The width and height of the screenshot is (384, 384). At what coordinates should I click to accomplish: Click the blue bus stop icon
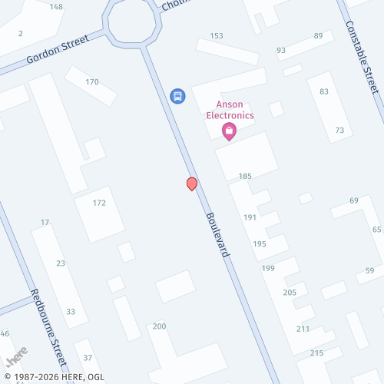(x=177, y=96)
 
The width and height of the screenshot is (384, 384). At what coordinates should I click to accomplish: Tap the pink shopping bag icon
(x=229, y=131)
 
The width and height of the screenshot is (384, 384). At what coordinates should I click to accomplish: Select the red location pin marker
(x=192, y=184)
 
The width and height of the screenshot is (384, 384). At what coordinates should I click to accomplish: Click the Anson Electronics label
(x=230, y=110)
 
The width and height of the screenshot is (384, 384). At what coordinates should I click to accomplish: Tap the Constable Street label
(x=362, y=56)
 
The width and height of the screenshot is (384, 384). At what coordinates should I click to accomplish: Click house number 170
(x=92, y=82)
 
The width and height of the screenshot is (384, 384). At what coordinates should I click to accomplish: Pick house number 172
(x=99, y=203)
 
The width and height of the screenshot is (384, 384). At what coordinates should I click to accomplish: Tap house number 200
(x=159, y=326)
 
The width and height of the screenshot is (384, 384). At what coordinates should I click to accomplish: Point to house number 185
(x=245, y=177)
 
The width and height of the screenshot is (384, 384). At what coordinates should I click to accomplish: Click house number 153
(x=217, y=36)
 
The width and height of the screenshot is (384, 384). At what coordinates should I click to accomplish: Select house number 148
(x=56, y=7)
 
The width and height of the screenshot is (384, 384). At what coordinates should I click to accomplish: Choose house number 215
(x=316, y=353)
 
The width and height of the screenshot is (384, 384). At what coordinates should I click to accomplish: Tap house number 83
(x=324, y=91)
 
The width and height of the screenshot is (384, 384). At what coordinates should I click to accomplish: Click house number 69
(x=353, y=200)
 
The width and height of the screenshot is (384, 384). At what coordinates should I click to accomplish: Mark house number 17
(x=45, y=223)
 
